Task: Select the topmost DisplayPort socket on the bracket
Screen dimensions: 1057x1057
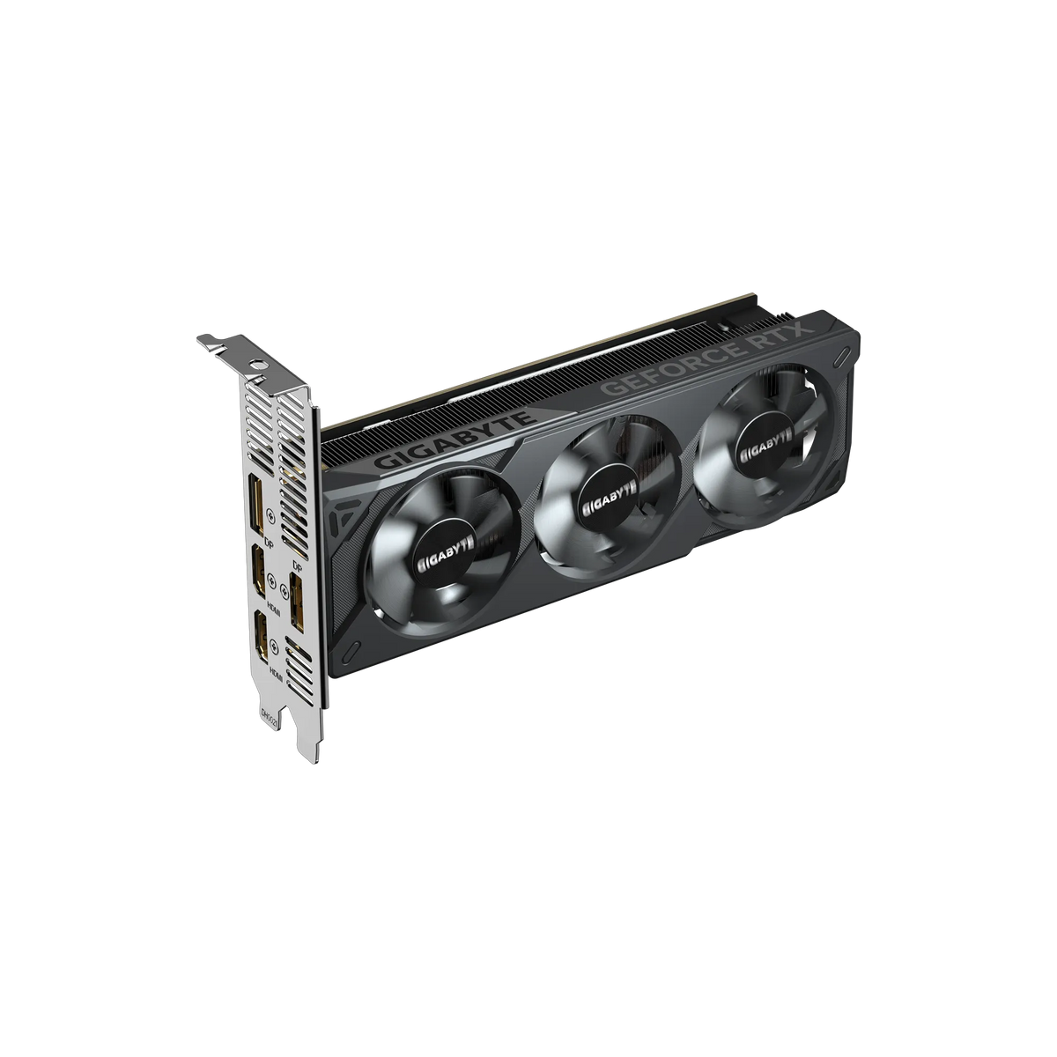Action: (255, 505)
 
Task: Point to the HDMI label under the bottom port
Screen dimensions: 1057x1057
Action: (275, 674)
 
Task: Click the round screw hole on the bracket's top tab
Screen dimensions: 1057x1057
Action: (257, 361)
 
